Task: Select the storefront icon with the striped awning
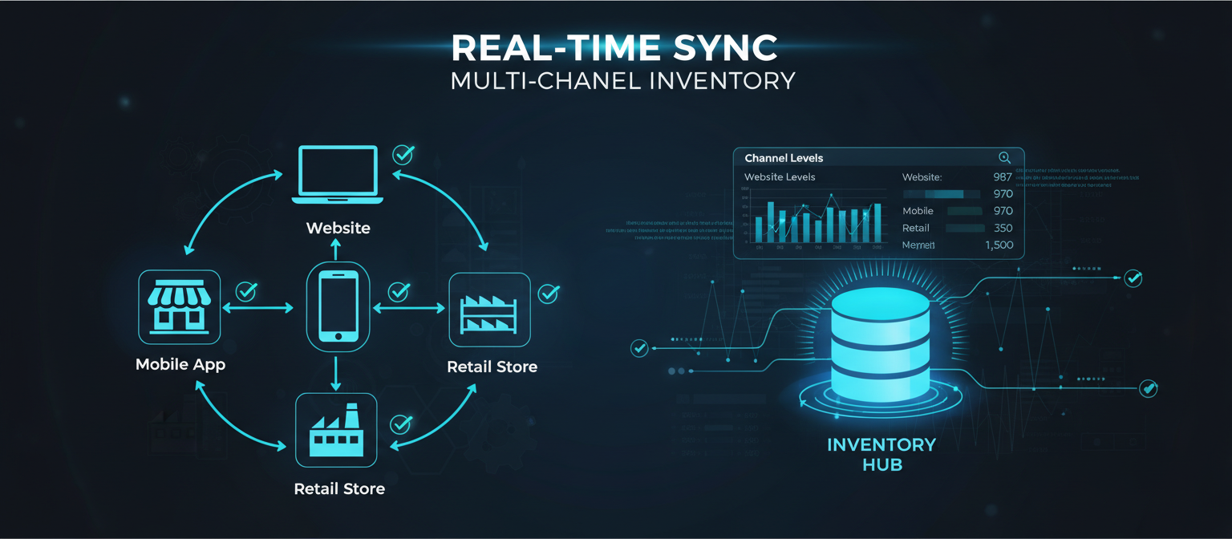point(179,307)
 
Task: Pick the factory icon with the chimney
point(336,430)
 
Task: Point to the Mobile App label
point(180,364)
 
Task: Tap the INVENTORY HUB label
point(881,453)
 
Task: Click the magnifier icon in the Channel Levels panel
point(1004,158)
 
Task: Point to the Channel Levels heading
point(784,158)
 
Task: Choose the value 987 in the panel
point(1003,177)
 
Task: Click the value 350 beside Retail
point(1003,228)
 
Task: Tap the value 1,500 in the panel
point(999,245)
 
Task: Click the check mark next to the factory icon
point(400,423)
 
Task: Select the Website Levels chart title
point(780,176)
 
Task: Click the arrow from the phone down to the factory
point(336,373)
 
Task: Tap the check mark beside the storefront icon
point(246,291)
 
